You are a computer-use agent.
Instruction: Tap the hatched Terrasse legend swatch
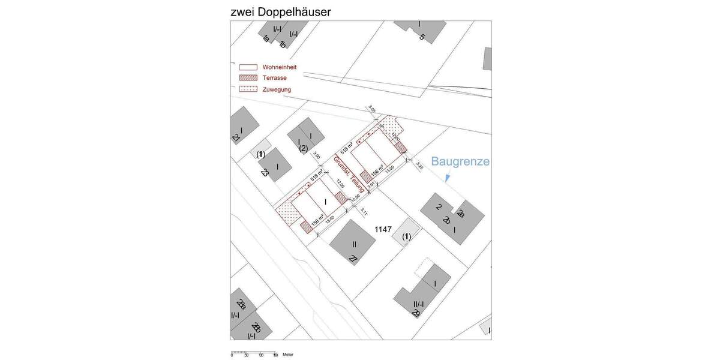coord(248,78)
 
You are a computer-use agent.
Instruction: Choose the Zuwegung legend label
coord(277,89)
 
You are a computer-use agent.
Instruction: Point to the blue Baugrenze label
coord(460,162)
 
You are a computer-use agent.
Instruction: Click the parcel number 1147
coord(383,229)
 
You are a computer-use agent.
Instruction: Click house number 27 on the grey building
coord(353,259)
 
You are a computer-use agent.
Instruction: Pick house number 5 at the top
coord(422,37)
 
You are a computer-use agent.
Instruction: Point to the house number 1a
coord(266,39)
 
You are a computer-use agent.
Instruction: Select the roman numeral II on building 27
coord(354,244)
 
